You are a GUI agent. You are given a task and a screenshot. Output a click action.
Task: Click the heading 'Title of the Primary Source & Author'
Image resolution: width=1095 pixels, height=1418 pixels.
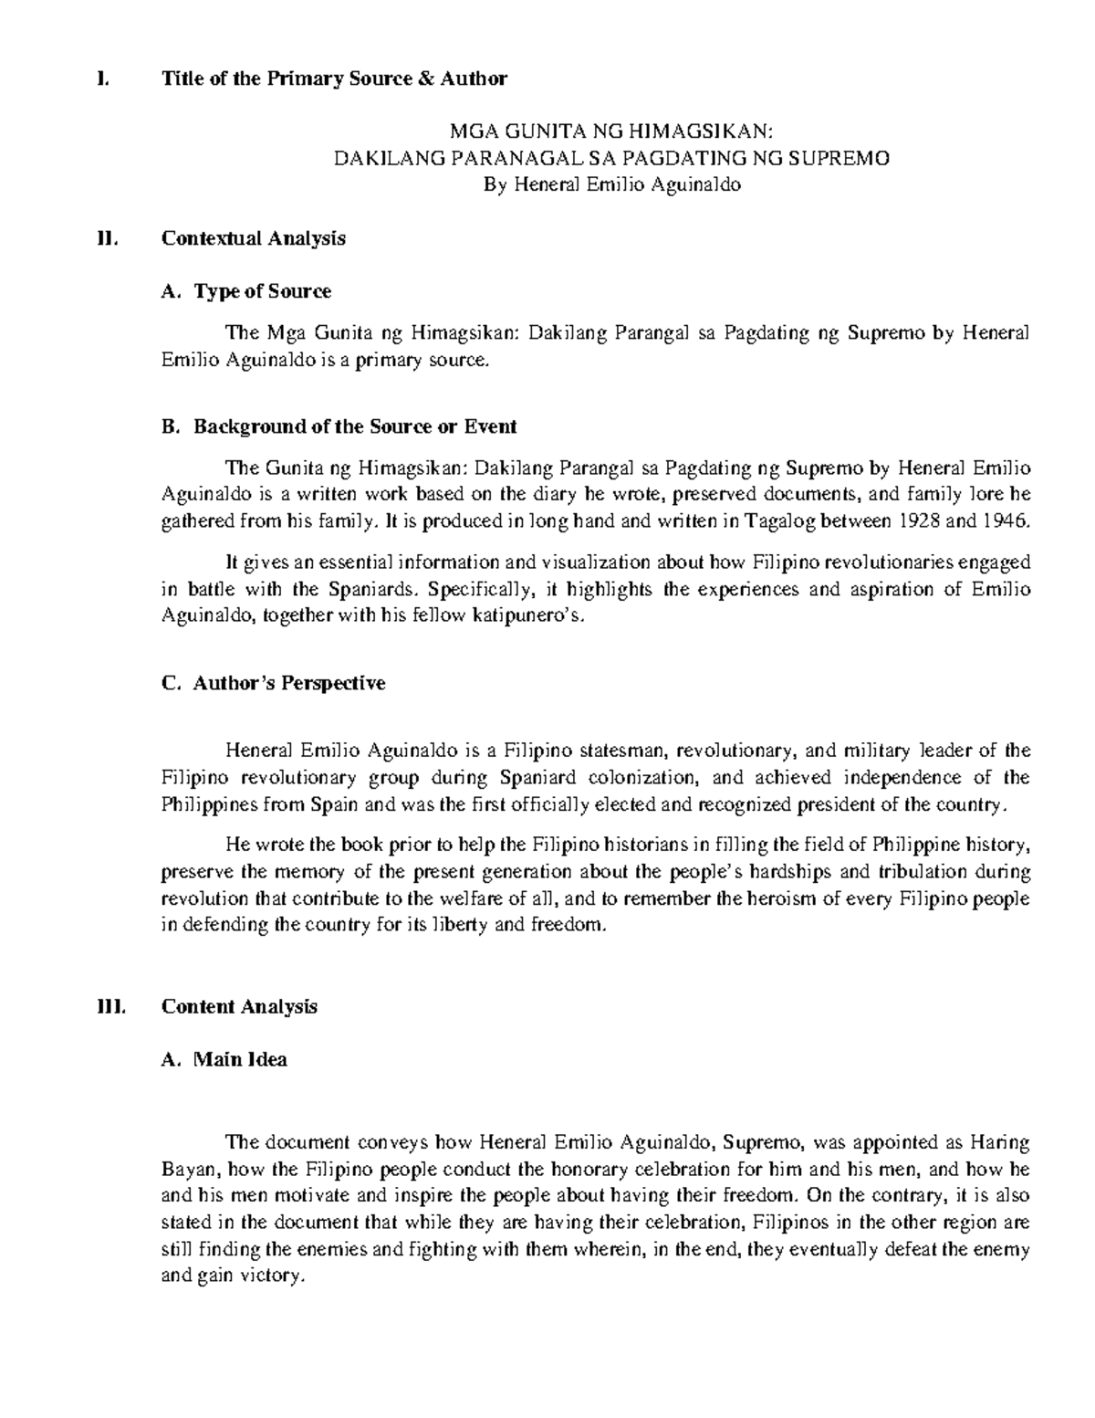point(334,79)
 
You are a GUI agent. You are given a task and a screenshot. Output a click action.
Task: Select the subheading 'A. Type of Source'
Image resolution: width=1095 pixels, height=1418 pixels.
point(245,292)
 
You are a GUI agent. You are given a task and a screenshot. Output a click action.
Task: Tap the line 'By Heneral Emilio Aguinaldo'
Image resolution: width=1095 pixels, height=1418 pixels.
point(610,185)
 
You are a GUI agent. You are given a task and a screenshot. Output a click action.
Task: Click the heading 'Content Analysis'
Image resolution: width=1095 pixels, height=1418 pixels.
point(239,1007)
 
